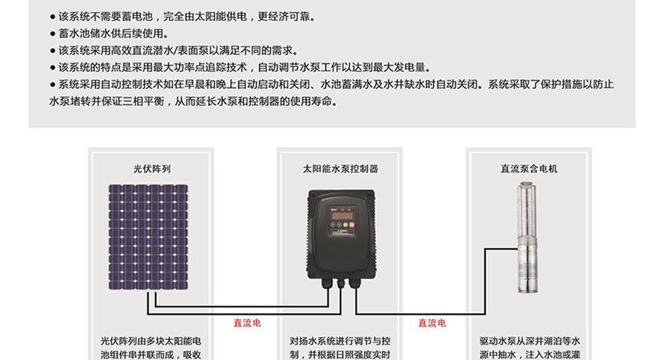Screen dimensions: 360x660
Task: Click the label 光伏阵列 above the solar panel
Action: click(152, 169)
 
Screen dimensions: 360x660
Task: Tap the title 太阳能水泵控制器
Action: click(340, 169)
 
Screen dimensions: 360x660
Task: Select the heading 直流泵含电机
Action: click(529, 169)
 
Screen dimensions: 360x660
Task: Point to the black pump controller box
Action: click(341, 235)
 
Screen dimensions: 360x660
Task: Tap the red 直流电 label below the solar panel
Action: click(247, 323)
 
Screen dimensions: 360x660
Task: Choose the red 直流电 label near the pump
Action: click(432, 323)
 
